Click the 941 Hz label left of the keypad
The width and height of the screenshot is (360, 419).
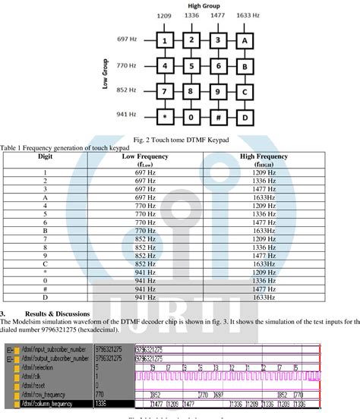click(x=126, y=115)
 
